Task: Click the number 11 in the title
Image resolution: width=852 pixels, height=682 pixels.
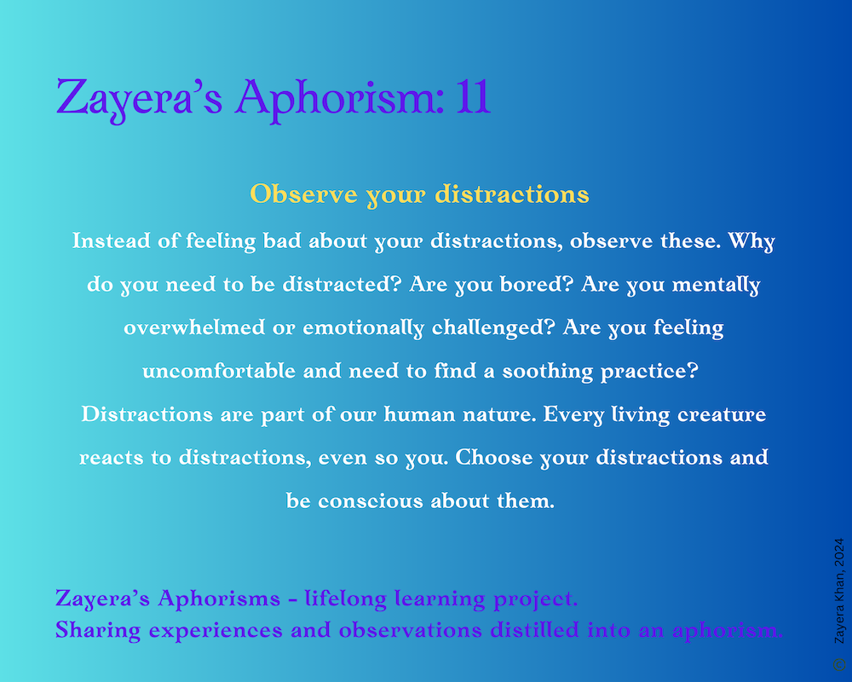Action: (473, 97)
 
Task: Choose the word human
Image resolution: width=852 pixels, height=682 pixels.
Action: (419, 414)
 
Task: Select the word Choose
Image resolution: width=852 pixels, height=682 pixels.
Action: (494, 458)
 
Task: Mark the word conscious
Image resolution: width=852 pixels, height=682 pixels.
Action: (370, 501)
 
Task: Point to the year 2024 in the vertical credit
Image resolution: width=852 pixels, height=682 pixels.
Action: (839, 552)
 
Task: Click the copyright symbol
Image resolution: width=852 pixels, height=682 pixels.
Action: (839, 664)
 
